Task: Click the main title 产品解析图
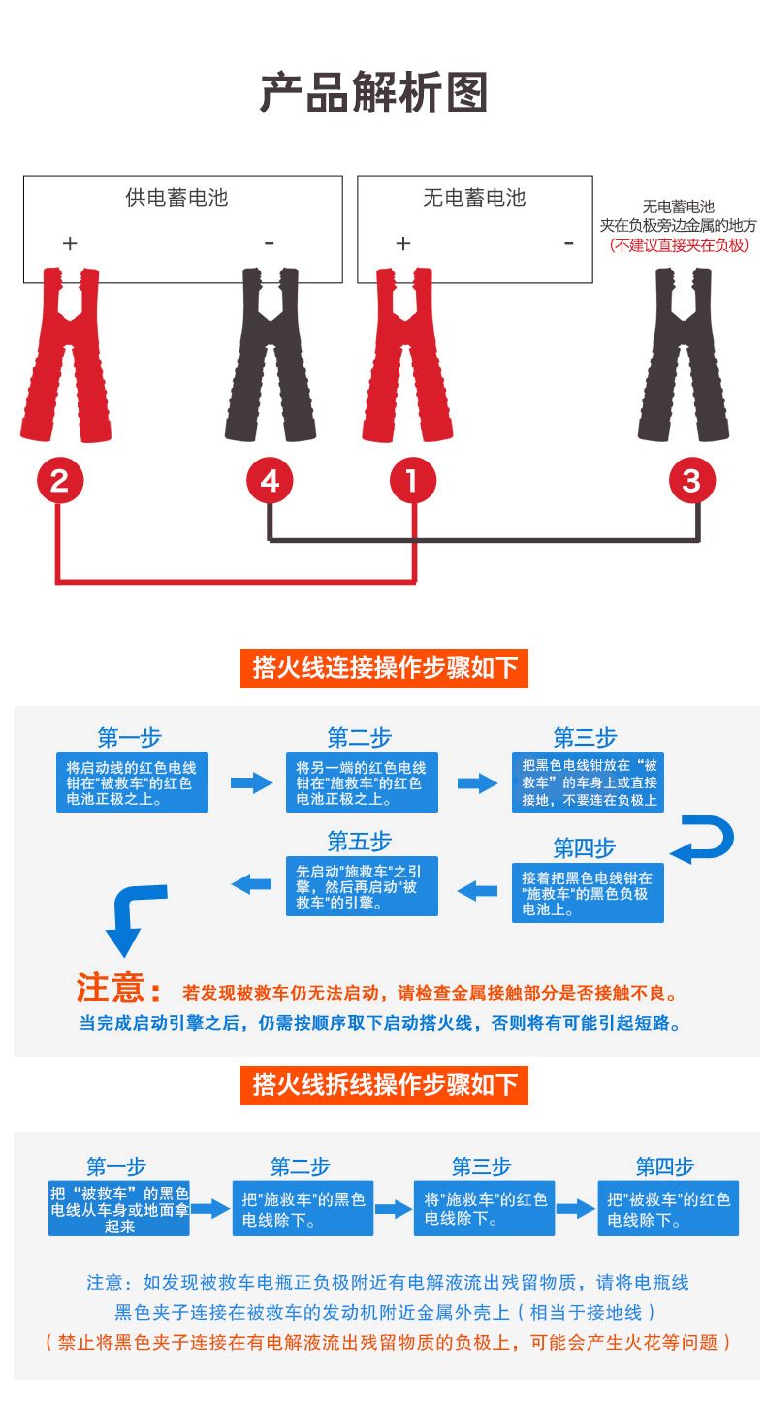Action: [373, 94]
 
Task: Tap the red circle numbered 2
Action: [59, 481]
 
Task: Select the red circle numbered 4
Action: [270, 481]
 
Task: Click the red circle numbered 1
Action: [413, 481]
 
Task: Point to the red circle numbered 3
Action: [691, 481]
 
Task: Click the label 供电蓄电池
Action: [176, 198]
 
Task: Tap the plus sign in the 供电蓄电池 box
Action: [69, 243]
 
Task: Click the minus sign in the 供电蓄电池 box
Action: [269, 243]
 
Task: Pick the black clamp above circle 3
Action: [683, 354]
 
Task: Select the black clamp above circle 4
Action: [270, 354]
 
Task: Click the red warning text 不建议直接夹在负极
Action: [679, 245]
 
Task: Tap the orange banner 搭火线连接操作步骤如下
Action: [384, 668]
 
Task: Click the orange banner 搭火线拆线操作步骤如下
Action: [384, 1084]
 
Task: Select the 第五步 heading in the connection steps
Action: [359, 841]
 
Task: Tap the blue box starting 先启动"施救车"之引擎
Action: [361, 886]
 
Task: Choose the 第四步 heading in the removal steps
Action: [664, 1166]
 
